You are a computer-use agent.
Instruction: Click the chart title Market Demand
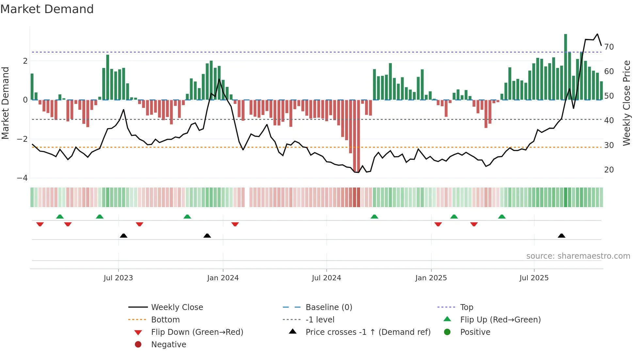[x=47, y=9]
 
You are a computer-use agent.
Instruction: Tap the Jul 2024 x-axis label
[x=326, y=278]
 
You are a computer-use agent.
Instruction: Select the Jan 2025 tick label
[x=431, y=278]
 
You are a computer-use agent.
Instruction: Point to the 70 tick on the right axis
[x=609, y=47]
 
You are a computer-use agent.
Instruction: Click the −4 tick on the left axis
[x=23, y=178]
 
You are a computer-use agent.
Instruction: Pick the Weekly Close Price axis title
[x=626, y=103]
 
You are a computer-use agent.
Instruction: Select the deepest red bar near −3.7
[x=355, y=137]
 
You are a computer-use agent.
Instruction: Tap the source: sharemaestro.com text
[x=578, y=256]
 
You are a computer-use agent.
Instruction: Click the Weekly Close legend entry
[x=177, y=307]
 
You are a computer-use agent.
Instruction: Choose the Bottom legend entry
[x=165, y=320]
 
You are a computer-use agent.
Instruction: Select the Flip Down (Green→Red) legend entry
[x=197, y=332]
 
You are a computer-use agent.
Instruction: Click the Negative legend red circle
[x=138, y=345]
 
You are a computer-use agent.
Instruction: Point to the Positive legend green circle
[x=447, y=332]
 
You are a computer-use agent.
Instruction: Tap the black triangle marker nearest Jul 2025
[x=562, y=236]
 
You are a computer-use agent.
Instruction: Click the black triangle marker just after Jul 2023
[x=123, y=236]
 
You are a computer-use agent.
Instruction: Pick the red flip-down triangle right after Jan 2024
[x=235, y=224]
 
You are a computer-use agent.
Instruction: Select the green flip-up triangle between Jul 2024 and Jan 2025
[x=375, y=217]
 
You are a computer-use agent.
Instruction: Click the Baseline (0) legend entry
[x=328, y=307]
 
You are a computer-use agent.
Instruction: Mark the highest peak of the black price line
[x=597, y=34]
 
